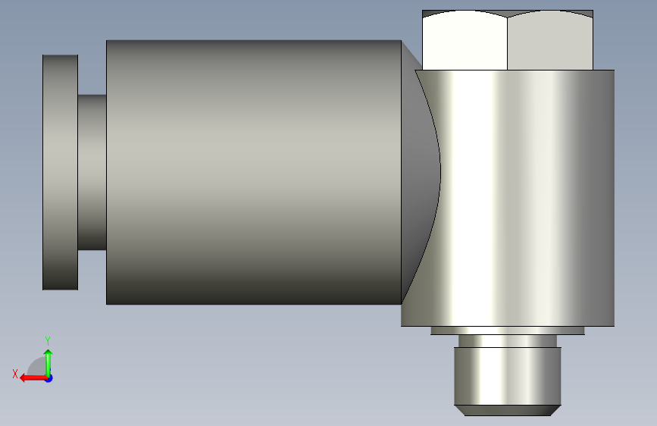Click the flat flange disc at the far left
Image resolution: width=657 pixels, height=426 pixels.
click(x=61, y=172)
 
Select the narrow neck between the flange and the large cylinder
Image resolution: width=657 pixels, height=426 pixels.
click(x=92, y=172)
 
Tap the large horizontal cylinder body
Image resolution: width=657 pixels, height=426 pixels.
click(x=254, y=172)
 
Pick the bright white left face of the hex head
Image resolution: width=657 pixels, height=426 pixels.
click(x=465, y=41)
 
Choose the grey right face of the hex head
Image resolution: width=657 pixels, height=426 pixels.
click(x=550, y=41)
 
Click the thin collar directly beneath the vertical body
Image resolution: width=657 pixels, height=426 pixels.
click(x=508, y=330)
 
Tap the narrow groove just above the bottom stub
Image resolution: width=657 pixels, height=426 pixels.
click(x=508, y=341)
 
